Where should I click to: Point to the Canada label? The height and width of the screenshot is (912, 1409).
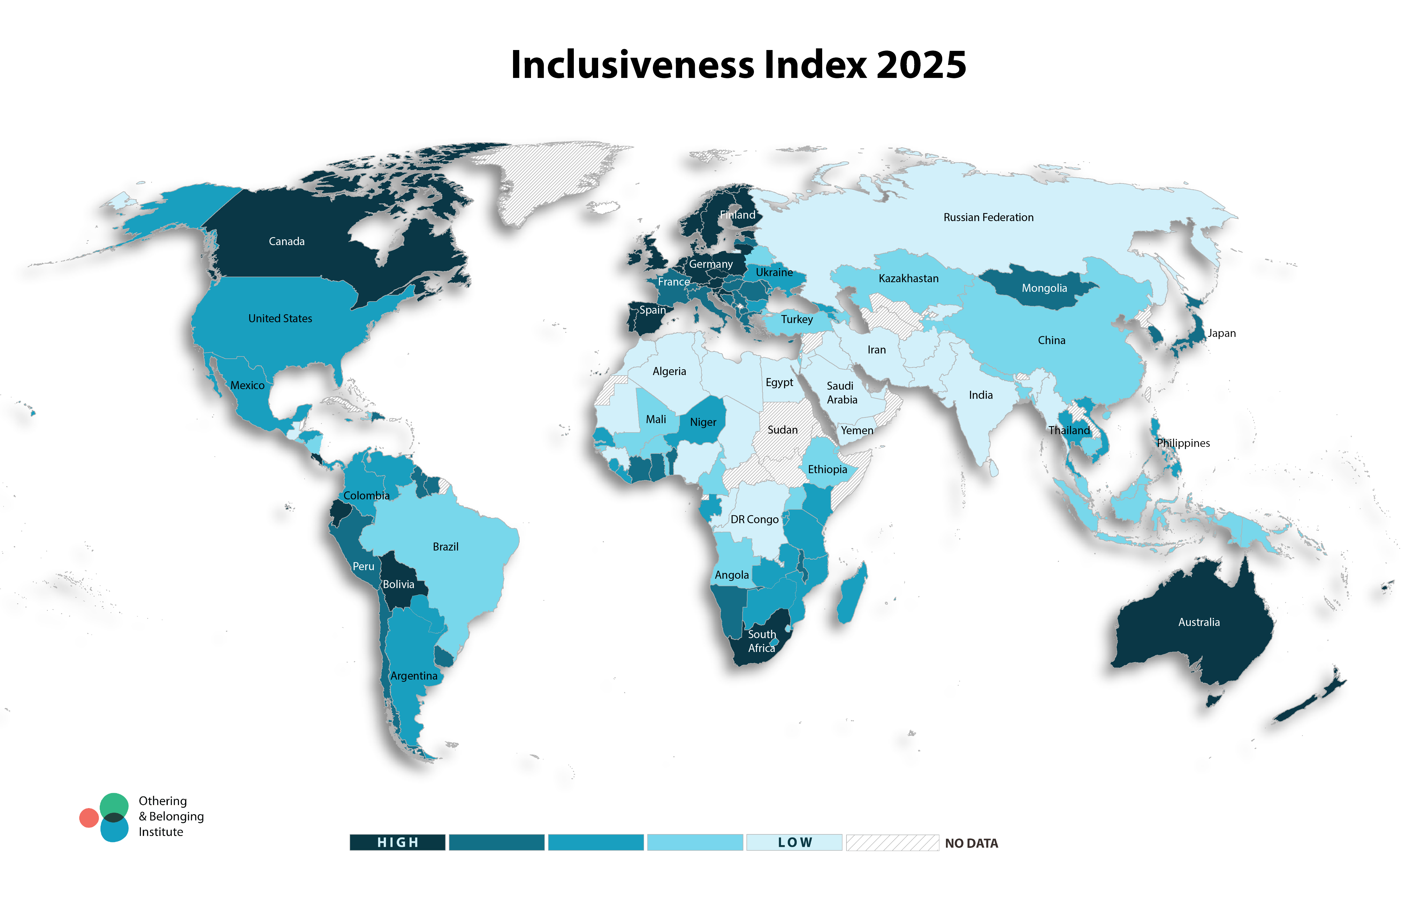point(286,242)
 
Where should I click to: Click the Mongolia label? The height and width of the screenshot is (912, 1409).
point(1044,289)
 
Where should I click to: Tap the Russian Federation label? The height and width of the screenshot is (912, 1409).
point(988,217)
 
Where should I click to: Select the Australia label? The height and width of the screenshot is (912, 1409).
point(1199,622)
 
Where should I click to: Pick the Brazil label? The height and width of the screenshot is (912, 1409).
point(445,547)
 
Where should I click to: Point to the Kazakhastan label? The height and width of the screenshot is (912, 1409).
point(908,278)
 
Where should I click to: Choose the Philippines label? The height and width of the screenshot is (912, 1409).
point(1183,443)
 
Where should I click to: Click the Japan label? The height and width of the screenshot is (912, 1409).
point(1221,333)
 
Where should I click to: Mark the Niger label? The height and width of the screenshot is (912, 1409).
point(703,422)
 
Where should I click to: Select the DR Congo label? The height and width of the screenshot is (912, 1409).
point(754,519)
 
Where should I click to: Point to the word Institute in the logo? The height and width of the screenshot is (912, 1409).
point(161,832)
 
